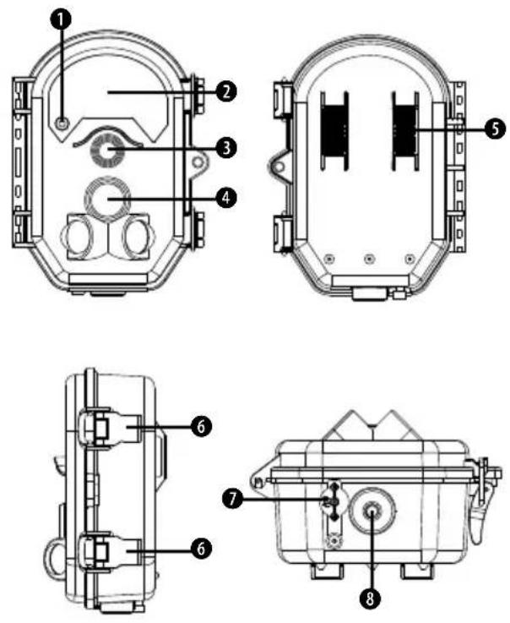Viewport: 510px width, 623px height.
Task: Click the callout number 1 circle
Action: click(x=60, y=19)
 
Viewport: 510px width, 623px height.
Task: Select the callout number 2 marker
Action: click(x=226, y=92)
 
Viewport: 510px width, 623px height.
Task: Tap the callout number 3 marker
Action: click(x=226, y=148)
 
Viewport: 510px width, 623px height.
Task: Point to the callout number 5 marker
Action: click(x=495, y=128)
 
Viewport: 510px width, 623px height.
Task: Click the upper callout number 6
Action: click(x=201, y=427)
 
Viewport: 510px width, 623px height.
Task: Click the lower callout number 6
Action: click(x=201, y=549)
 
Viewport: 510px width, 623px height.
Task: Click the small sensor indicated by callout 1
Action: click(x=61, y=123)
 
